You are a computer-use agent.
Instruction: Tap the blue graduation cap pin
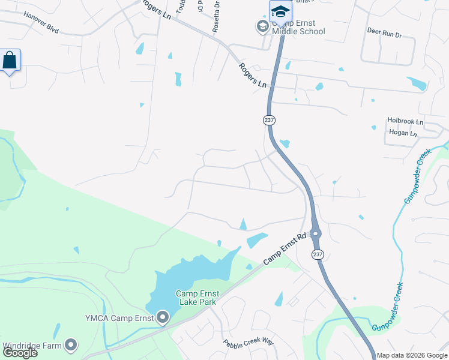[x=280, y=12]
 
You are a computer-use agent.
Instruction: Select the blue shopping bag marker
[x=10, y=61]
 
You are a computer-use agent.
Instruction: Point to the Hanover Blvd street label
[x=41, y=22]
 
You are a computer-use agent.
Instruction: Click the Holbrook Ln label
[x=405, y=121]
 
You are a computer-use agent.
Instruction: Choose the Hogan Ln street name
[x=403, y=134]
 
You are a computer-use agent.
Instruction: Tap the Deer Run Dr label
[x=384, y=35]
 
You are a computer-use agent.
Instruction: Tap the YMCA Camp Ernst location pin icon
[x=163, y=318]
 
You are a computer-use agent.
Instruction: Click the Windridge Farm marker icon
[x=71, y=345]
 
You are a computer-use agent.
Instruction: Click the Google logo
[x=20, y=353]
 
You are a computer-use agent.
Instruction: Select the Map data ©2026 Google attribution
[x=412, y=355]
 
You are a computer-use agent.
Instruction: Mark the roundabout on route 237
[x=316, y=233]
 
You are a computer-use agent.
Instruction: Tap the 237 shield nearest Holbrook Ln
[x=269, y=120]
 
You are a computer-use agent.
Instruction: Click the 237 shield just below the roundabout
[x=317, y=255]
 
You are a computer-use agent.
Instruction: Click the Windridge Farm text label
[x=32, y=346]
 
